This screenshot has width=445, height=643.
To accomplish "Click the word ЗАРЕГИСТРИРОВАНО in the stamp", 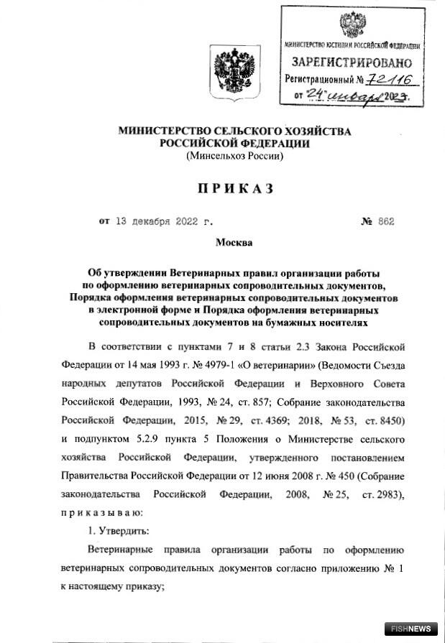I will click(x=352, y=62).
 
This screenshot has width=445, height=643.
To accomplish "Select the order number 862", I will click(x=385, y=222).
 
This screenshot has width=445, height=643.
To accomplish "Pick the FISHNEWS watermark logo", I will click(x=411, y=629).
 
